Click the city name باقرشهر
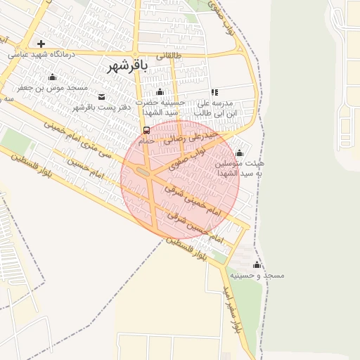coord(129,67)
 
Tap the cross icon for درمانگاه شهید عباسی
coord(41,44)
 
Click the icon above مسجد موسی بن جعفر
coord(52,77)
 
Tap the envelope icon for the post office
coord(101,96)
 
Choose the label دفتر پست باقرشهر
coord(103,107)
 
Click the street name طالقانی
coord(168,56)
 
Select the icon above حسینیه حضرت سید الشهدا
coord(160,92)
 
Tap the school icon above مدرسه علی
coord(214,92)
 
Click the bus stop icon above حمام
coord(146,130)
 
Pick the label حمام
coord(146,141)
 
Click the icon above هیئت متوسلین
coord(239,153)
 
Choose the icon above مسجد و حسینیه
coord(257,264)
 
